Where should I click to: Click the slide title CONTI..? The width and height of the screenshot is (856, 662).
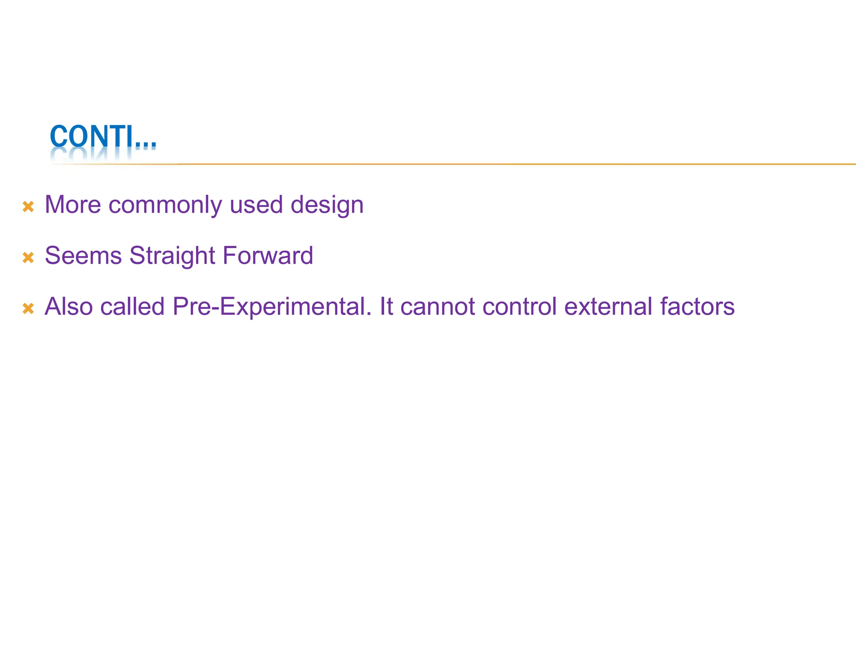click(x=103, y=137)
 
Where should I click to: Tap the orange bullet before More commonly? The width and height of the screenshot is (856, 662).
click(x=28, y=206)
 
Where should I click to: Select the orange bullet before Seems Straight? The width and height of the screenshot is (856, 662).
click(x=28, y=257)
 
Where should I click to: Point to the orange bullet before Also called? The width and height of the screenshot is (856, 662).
click(x=28, y=308)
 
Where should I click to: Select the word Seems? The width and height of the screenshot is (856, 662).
click(x=83, y=256)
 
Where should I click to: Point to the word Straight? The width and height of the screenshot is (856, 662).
click(x=172, y=256)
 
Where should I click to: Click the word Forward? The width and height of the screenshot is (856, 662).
click(x=267, y=256)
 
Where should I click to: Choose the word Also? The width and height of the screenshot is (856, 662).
click(x=69, y=307)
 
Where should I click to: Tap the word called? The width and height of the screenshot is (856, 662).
click(x=132, y=307)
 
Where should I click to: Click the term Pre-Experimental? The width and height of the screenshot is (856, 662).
click(x=272, y=307)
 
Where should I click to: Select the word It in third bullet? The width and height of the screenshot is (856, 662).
click(x=386, y=307)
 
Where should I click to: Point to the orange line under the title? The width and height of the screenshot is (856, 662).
click(x=502, y=164)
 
